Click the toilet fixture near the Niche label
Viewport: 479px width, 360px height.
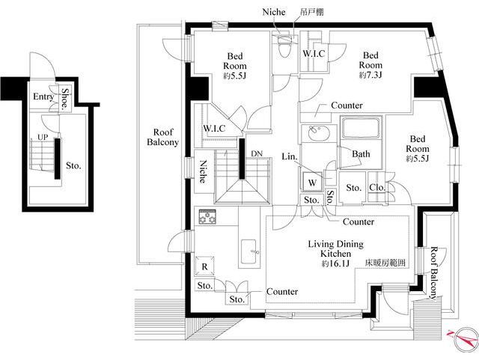point(284,46)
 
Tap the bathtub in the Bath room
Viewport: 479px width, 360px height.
point(361,128)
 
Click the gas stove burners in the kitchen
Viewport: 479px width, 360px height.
point(207,216)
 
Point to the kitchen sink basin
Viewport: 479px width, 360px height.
point(249,252)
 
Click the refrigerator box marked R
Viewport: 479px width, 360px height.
point(204,266)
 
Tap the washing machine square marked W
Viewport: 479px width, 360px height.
point(312,183)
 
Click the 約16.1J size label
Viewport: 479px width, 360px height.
point(335,263)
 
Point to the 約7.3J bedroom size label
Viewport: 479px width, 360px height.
point(370,75)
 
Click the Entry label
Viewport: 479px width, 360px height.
point(43,97)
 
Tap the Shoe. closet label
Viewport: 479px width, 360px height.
point(65,99)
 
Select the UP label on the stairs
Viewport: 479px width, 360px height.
point(43,137)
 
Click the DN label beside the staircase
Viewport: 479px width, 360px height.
point(257,153)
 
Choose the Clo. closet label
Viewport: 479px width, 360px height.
point(377,187)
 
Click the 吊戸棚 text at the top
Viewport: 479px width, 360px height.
point(311,12)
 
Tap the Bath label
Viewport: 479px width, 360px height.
point(361,153)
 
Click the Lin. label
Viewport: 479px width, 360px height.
point(290,156)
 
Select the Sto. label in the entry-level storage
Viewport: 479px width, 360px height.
point(73,166)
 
